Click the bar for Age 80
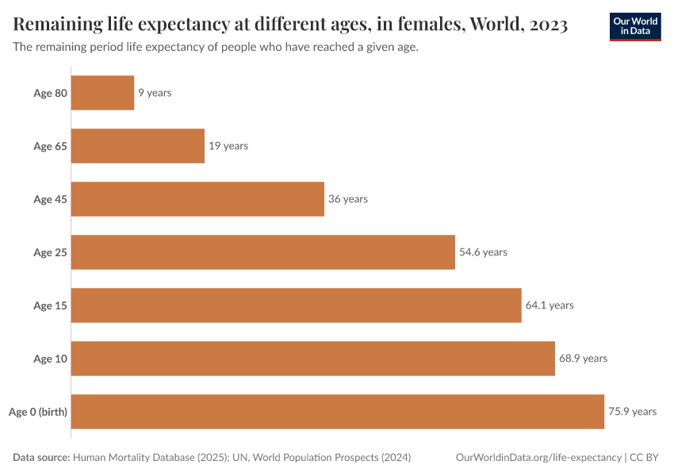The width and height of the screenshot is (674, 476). click(x=103, y=93)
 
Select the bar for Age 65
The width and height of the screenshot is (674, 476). click(x=138, y=146)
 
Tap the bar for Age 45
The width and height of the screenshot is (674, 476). click(x=198, y=199)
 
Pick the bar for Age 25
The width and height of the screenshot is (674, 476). click(x=263, y=252)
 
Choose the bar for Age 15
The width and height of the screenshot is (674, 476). click(x=297, y=305)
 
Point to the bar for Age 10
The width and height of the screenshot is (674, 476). click(x=313, y=359)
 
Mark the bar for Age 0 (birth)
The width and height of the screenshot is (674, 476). click(x=338, y=412)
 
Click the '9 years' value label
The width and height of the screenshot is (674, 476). click(x=155, y=93)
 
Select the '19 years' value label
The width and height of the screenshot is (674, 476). click(x=228, y=146)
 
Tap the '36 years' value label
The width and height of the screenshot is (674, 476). click(x=348, y=199)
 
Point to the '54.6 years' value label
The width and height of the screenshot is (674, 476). click(x=483, y=252)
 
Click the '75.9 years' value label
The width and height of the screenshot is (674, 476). click(x=632, y=412)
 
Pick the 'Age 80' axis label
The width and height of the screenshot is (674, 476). click(x=50, y=93)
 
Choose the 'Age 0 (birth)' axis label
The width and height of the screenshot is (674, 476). click(x=38, y=412)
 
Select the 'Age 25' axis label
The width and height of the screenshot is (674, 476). click(x=50, y=252)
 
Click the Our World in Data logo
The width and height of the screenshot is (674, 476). click(x=635, y=25)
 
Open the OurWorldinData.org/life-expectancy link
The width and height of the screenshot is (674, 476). click(x=539, y=458)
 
